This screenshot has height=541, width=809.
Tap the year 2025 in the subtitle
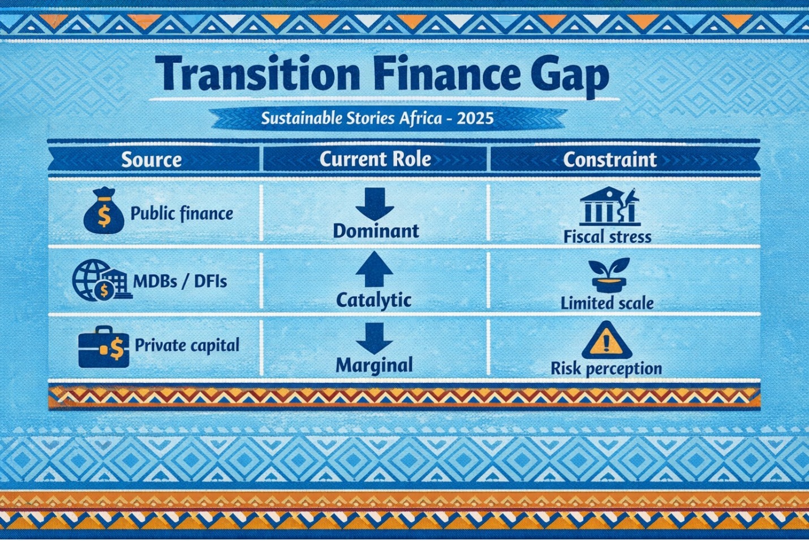pos(475,118)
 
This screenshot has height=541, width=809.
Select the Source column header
pos(151,160)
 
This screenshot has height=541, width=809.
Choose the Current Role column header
pos(375,159)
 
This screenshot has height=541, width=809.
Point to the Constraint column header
pos(610,159)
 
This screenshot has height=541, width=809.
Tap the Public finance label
pos(182,213)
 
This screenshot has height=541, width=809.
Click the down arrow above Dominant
pos(375,204)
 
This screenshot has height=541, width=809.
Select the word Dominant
pos(376,231)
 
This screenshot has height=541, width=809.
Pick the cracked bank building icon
pos(609,206)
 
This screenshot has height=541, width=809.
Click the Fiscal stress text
pos(608,237)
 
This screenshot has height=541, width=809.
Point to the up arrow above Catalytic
pos(374,269)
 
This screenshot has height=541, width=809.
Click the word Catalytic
pos(374,300)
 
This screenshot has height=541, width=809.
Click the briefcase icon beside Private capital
pos(104,346)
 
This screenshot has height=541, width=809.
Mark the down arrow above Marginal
pos(375,338)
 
